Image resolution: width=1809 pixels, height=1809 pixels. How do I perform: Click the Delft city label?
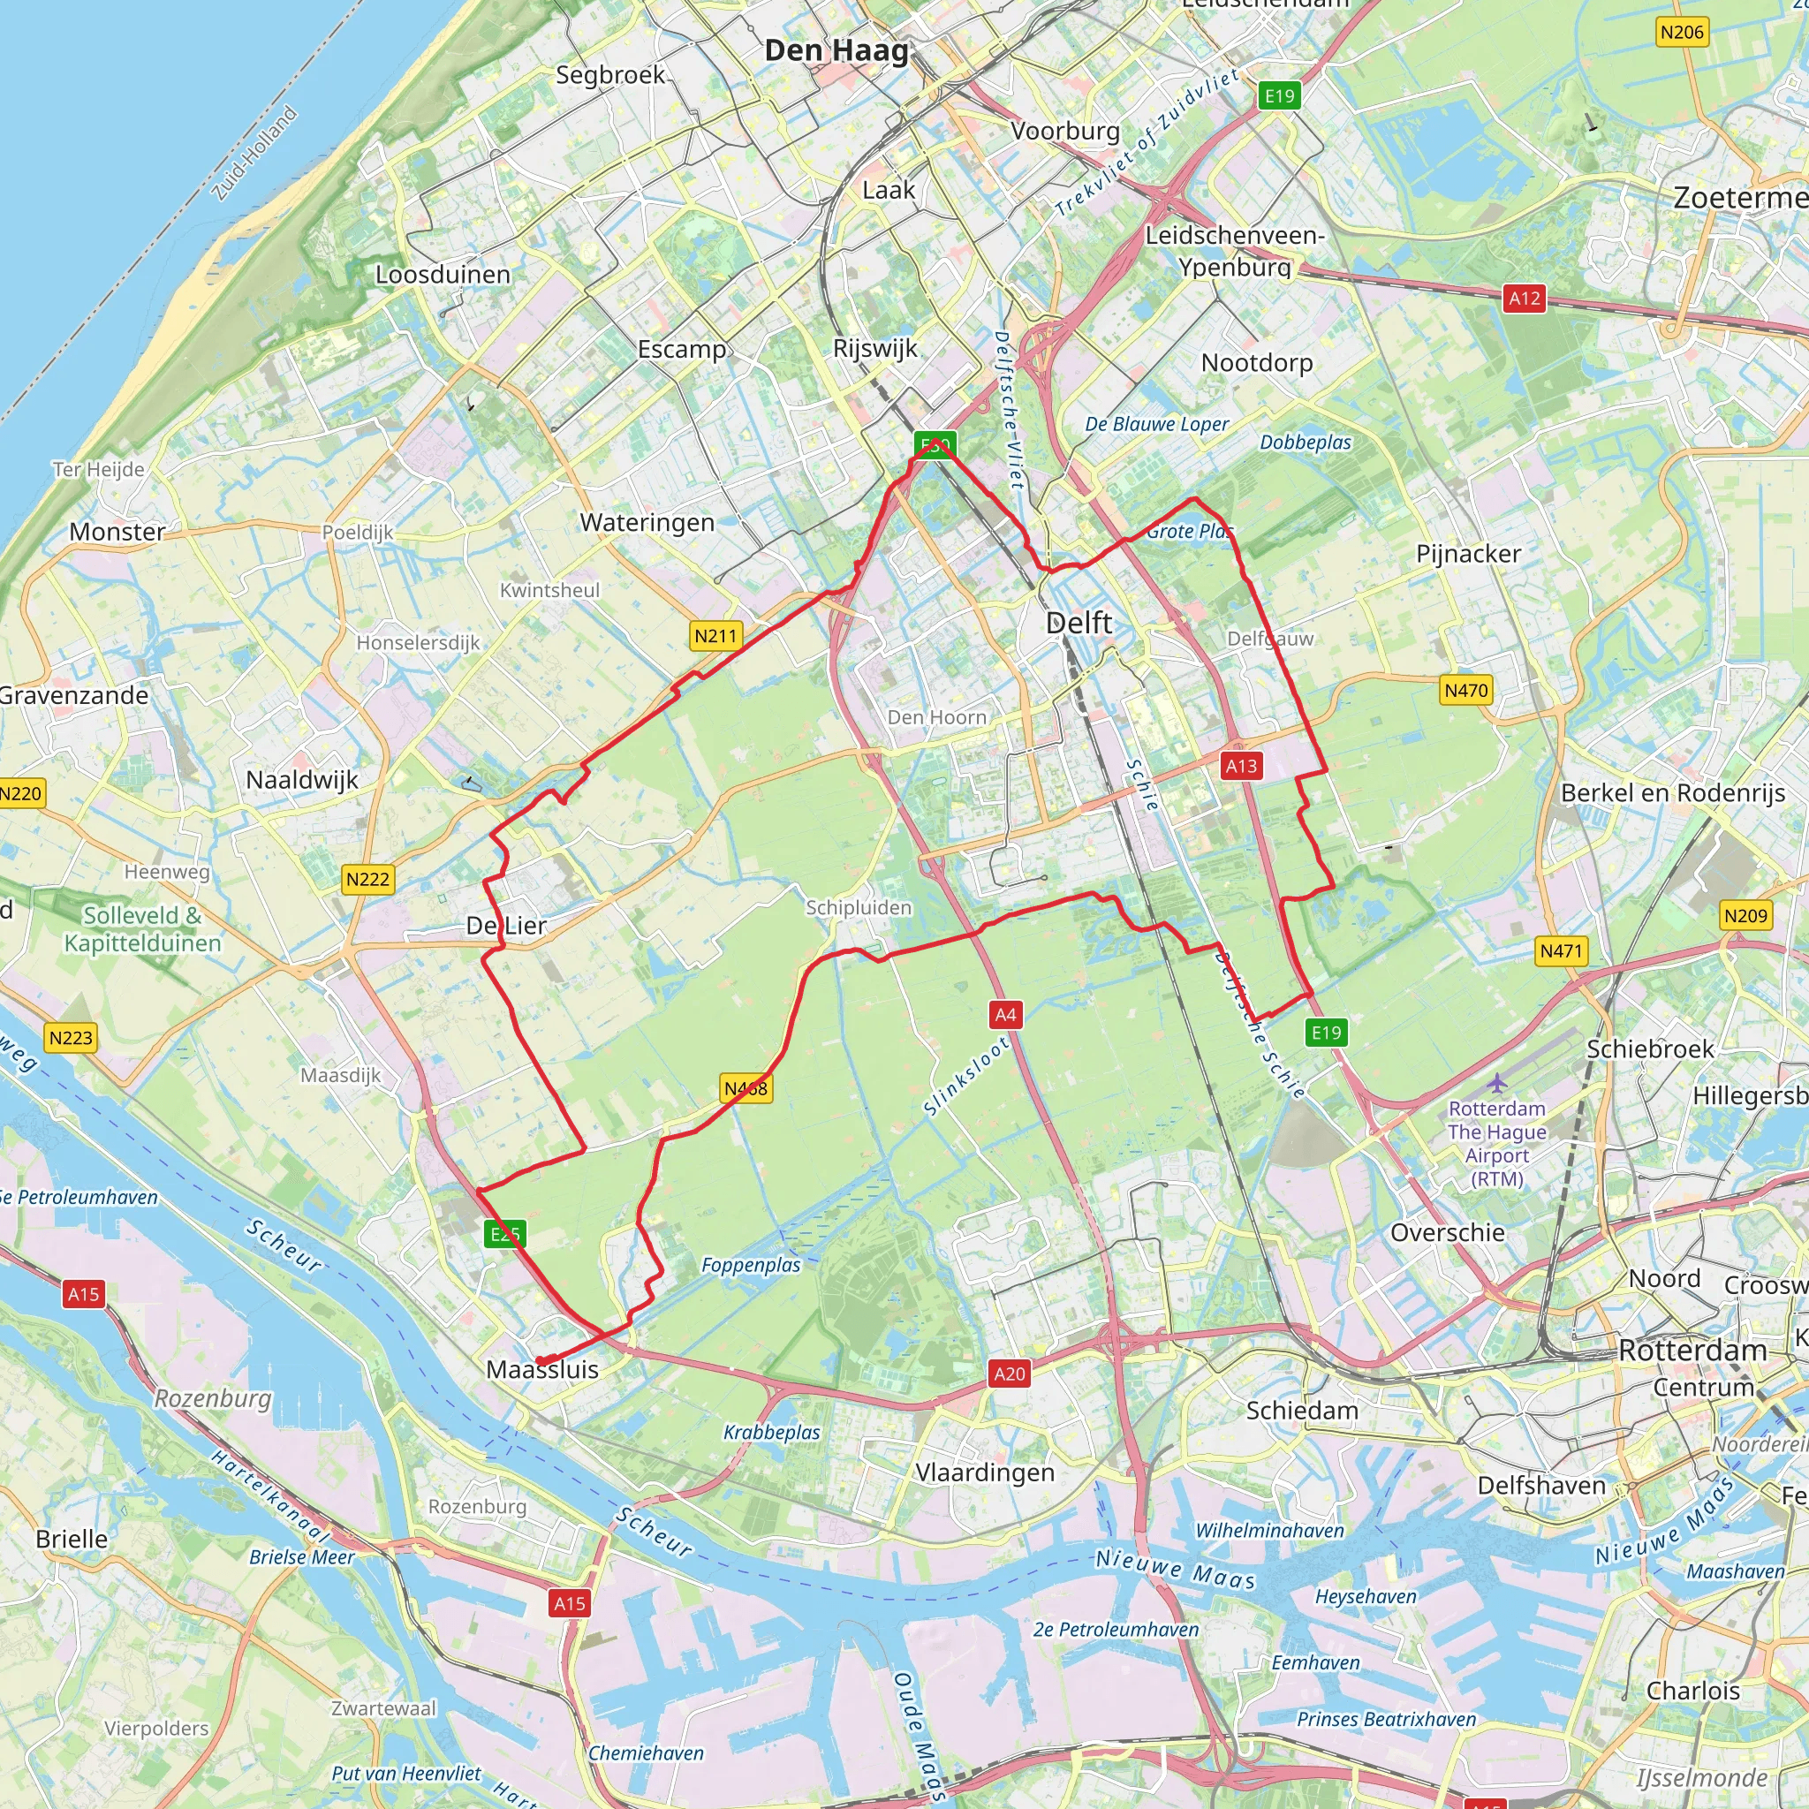point(1079,623)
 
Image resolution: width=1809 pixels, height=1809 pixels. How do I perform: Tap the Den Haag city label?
point(836,50)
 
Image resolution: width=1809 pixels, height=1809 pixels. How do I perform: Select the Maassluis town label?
point(542,1369)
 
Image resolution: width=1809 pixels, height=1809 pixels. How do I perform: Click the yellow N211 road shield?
point(716,636)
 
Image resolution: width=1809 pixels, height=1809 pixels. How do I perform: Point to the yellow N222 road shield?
point(367,878)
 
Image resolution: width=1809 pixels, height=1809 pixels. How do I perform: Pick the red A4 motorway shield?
point(1005,1014)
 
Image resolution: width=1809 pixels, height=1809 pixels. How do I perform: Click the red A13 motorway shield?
point(1242,766)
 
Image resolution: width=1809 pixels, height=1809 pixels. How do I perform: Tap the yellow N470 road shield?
point(1465,690)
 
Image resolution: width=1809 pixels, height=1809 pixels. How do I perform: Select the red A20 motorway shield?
point(1010,1374)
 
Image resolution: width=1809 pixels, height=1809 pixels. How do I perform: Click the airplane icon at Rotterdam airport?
point(1497,1083)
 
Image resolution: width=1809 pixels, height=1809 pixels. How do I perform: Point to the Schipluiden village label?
point(859,907)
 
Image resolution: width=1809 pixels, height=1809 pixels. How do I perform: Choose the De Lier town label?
point(506,926)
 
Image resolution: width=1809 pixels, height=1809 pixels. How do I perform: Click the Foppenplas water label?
point(751,1265)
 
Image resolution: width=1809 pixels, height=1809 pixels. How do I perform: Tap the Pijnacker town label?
point(1468,553)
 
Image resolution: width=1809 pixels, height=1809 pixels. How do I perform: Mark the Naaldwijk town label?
point(301,779)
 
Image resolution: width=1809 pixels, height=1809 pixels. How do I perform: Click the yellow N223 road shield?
point(72,1038)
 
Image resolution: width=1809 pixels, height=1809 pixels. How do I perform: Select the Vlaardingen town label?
point(984,1472)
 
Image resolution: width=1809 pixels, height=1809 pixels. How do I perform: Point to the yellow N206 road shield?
point(1682,32)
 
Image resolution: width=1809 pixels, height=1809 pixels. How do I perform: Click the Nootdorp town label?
point(1257,362)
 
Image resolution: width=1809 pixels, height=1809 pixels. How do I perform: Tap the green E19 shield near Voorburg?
point(1279,95)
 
